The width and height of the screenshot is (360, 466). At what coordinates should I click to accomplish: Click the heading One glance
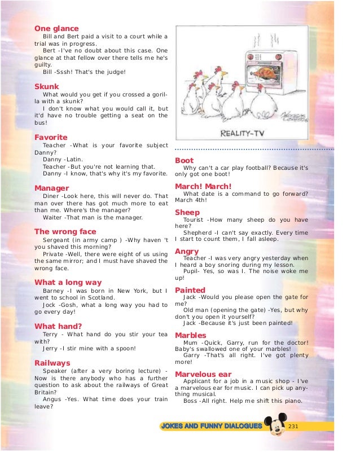[56, 28]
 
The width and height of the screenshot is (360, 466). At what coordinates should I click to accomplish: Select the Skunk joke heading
[47, 86]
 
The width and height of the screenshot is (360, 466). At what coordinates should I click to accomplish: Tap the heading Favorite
[51, 137]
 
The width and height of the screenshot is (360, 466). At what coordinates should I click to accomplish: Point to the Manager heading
[51, 188]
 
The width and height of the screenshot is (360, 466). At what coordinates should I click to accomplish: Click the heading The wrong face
[65, 231]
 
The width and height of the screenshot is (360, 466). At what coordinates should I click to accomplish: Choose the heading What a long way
[68, 282]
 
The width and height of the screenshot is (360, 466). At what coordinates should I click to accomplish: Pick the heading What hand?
[58, 326]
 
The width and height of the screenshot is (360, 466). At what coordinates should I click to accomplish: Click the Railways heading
[52, 363]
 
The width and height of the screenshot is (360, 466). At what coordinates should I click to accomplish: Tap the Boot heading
[185, 160]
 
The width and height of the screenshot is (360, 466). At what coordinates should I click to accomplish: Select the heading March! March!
[203, 186]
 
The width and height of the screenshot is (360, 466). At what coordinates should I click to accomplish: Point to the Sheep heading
[187, 212]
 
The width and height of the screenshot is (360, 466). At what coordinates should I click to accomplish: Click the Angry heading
[187, 250]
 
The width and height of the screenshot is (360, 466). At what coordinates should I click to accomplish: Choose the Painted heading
[190, 290]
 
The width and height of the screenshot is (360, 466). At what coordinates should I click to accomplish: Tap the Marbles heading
[191, 335]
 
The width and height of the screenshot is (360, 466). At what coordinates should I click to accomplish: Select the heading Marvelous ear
[203, 374]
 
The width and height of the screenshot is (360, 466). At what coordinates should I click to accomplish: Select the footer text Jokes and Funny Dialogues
[212, 425]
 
